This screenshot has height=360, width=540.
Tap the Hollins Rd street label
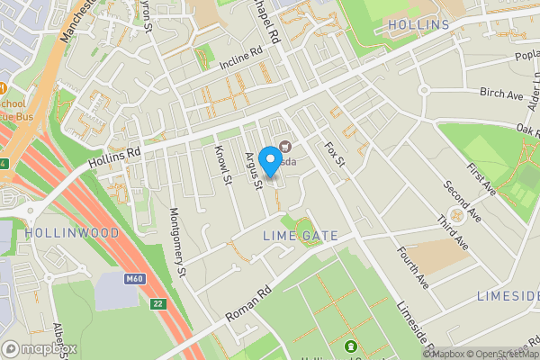(117, 157)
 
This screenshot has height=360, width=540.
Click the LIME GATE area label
(301, 236)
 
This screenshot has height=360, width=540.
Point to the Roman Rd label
(248, 305)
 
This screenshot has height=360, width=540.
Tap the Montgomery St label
(177, 241)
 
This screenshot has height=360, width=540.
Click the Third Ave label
(452, 232)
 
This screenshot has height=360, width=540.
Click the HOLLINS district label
(417, 23)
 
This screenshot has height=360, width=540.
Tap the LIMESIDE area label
(508, 296)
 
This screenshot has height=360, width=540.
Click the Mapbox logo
(40, 348)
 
